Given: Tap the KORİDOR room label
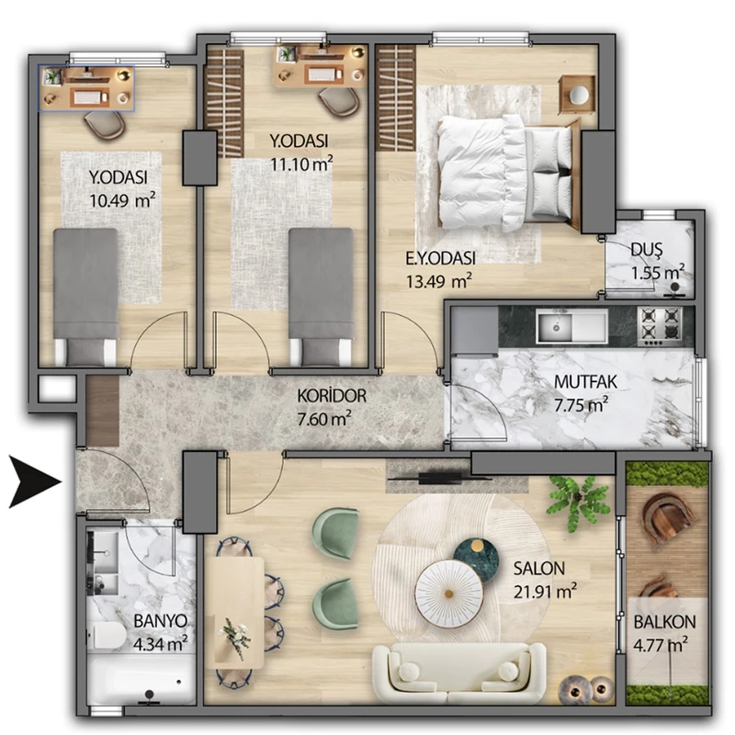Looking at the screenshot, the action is [x=332, y=396].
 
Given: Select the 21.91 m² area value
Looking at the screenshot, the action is [x=545, y=592].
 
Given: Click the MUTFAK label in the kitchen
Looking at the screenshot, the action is [x=585, y=382].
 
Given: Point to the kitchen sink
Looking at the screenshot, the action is [x=571, y=326].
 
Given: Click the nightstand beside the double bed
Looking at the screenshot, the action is [x=577, y=96].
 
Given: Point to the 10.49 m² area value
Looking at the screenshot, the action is [x=122, y=200].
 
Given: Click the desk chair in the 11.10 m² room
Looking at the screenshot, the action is [x=339, y=101].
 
